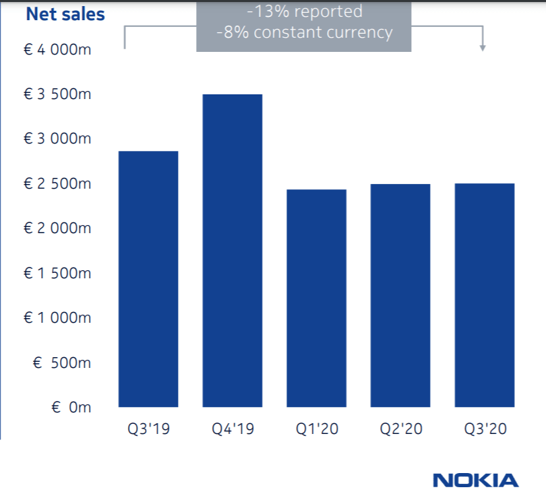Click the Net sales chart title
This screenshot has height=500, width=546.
tap(65, 13)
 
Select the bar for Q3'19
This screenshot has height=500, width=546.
tap(148, 279)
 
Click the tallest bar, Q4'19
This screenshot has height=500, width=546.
tap(233, 251)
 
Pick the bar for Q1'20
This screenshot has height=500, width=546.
tap(316, 299)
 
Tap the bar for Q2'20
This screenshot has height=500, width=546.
tap(400, 296)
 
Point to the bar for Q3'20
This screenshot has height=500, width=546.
tap(485, 295)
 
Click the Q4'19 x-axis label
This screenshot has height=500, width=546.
tap(233, 429)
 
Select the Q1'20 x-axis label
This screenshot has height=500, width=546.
tap(316, 429)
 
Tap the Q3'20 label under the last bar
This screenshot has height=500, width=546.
tap(485, 429)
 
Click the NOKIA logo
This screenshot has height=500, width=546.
tap(476, 480)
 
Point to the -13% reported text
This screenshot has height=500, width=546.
tap(304, 11)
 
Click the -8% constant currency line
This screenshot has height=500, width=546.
tap(304, 32)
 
